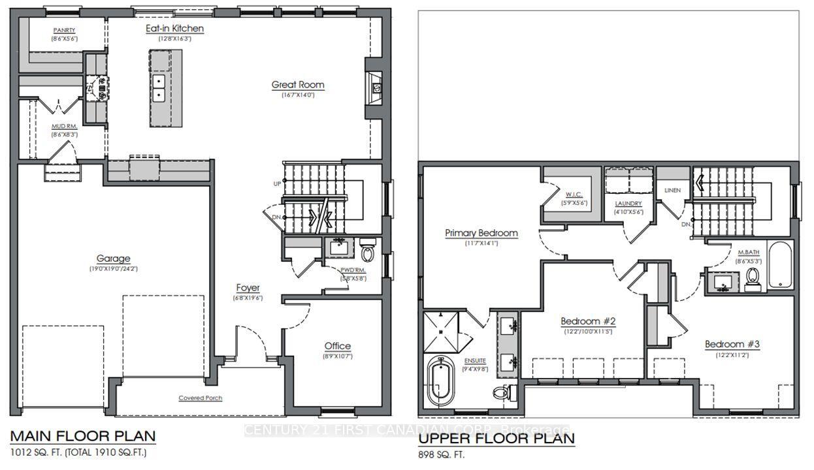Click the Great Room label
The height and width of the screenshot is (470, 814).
coord(298,85)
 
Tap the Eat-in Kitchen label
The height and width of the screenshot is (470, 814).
coord(174,29)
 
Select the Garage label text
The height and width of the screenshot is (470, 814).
coord(114,258)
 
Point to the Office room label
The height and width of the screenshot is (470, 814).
coord(337,346)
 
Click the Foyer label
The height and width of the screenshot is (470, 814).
coord(248,288)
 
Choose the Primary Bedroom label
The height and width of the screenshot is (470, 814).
coord(481,233)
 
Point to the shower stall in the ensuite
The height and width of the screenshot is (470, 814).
coord(442,331)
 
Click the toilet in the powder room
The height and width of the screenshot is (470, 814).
coord(367,252)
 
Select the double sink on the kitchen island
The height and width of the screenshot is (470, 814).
coord(158,88)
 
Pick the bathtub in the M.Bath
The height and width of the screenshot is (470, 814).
coord(779,265)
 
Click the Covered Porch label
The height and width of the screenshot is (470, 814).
coord(201,398)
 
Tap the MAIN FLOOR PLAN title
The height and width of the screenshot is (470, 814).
coord(83,436)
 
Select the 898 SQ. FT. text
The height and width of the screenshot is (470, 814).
coord(442,454)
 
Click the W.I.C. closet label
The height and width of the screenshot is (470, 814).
coord(575,195)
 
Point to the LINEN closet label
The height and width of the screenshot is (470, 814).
coord(672,190)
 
